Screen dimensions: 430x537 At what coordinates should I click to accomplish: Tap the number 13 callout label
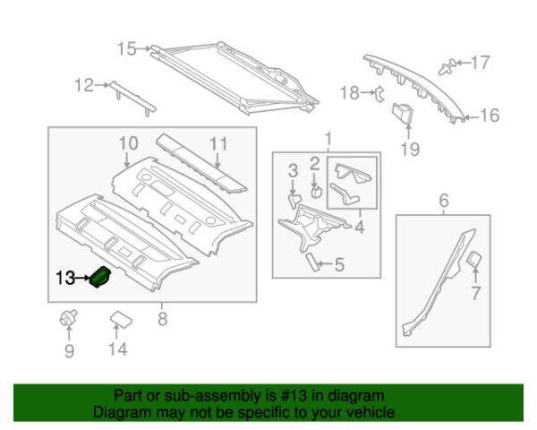(64, 279)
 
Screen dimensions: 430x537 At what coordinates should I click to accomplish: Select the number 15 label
(126, 48)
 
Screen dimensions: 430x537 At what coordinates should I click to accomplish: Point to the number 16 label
(490, 116)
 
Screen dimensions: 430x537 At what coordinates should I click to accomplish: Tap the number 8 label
(162, 315)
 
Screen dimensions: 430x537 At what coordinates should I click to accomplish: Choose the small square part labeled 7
(473, 259)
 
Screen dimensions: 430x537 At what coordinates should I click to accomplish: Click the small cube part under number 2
(316, 190)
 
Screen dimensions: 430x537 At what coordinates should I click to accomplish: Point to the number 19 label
(409, 150)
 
